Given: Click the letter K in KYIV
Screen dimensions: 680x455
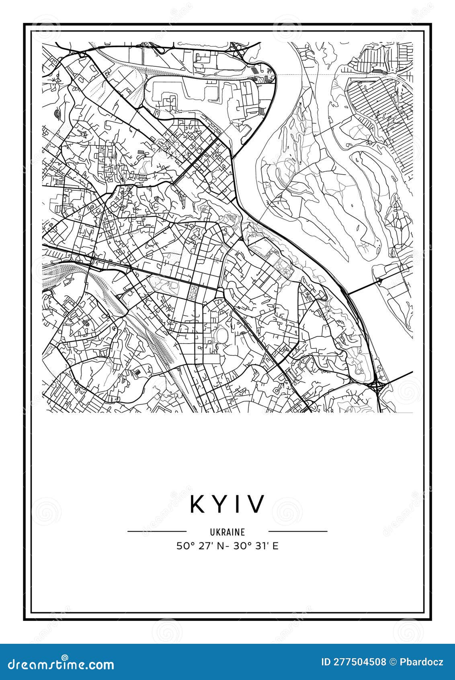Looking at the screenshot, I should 198,504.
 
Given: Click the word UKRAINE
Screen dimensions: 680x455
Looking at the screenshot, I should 227,532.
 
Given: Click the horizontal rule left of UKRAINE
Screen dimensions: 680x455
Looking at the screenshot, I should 157,531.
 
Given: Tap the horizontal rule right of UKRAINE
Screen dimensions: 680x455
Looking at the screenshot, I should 298,531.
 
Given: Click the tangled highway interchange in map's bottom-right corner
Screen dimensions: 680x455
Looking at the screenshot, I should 377,387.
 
